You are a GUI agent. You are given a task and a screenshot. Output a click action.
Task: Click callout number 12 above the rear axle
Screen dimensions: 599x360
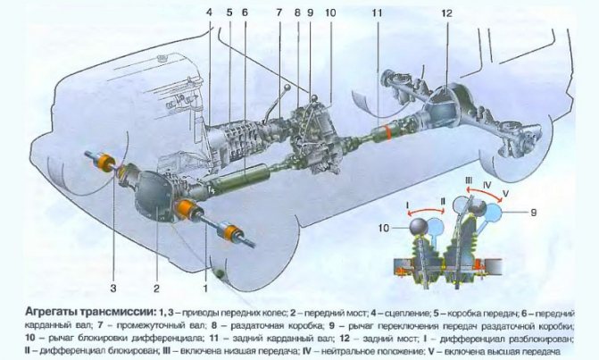(446, 13)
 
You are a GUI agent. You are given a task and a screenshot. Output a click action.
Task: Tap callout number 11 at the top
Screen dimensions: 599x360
(377, 13)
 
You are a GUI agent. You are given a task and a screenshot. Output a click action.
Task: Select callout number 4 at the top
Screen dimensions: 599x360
(209, 13)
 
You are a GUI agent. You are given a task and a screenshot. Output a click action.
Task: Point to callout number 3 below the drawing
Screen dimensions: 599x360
(113, 289)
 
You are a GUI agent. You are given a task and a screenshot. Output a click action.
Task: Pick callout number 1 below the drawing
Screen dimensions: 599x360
(205, 289)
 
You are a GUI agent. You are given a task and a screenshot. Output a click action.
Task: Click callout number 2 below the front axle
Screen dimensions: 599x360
(156, 289)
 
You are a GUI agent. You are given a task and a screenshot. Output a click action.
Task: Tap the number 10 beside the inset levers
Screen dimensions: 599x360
(384, 228)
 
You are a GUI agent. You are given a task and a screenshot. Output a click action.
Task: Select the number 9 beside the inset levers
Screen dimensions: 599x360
(533, 212)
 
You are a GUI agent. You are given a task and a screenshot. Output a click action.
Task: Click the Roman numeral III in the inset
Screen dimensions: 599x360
(469, 180)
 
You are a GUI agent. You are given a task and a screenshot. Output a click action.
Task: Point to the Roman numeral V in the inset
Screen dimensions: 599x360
(505, 194)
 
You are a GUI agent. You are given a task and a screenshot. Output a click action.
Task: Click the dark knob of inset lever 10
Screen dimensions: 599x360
(420, 227)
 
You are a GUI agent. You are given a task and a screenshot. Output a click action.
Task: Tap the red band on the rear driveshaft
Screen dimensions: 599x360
(388, 132)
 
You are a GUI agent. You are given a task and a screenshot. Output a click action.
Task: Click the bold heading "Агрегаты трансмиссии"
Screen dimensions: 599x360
(90, 313)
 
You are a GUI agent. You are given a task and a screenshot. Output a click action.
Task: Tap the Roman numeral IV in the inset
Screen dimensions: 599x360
(487, 185)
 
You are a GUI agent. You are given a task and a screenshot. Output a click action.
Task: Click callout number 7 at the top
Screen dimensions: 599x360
(279, 13)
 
